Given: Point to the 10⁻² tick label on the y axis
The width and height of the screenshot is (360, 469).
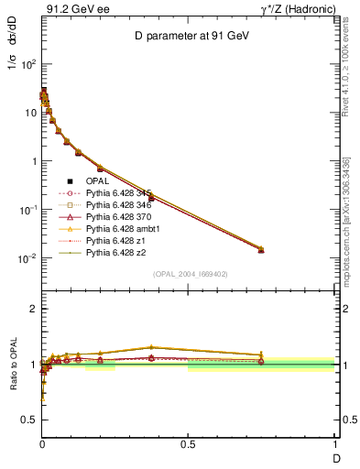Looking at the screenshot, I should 26,258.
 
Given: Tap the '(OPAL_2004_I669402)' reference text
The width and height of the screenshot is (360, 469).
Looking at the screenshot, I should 190,274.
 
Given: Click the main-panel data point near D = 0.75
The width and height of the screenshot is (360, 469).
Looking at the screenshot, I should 261,249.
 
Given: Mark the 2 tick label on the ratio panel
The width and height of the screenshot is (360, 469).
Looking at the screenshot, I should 31,309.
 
